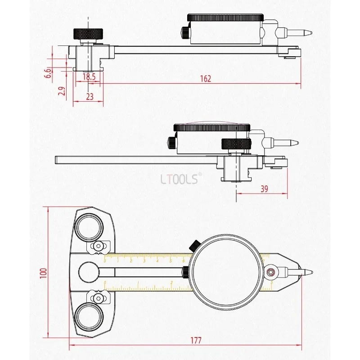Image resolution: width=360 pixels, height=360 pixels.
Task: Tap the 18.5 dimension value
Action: (x=89, y=77)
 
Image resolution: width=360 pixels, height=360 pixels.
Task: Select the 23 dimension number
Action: (x=89, y=96)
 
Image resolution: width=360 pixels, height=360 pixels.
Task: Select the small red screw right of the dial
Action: (x=270, y=272)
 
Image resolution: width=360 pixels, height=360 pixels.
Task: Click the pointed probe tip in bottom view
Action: (x=308, y=272)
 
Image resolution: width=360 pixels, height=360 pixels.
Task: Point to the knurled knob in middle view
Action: (x=236, y=144)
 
